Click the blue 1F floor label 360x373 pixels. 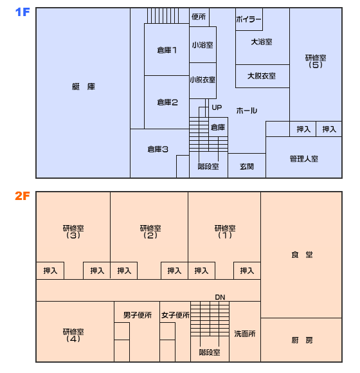click(x=22, y=12)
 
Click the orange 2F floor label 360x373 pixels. click(x=22, y=196)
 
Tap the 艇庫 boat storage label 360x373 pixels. click(x=84, y=87)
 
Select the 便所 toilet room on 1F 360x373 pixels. click(x=199, y=17)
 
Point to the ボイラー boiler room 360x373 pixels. click(x=249, y=19)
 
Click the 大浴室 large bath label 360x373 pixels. click(x=262, y=42)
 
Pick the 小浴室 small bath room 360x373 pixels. click(x=203, y=45)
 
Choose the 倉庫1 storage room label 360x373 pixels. click(x=167, y=50)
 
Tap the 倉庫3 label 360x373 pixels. click(x=157, y=149)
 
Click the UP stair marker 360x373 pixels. click(x=217, y=107)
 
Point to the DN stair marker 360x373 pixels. click(x=220, y=297)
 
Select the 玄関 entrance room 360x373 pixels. click(x=247, y=165)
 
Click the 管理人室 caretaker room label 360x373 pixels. click(x=304, y=159)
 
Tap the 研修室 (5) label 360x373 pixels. click(x=316, y=61)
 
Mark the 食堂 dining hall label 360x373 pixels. click(x=302, y=255)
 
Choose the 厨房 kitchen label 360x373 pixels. click(x=302, y=340)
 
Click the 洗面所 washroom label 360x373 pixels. click(x=245, y=334)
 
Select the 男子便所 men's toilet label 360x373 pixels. click(x=138, y=315)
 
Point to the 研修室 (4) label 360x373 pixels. click(x=73, y=336)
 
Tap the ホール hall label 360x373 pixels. click(x=247, y=111)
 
